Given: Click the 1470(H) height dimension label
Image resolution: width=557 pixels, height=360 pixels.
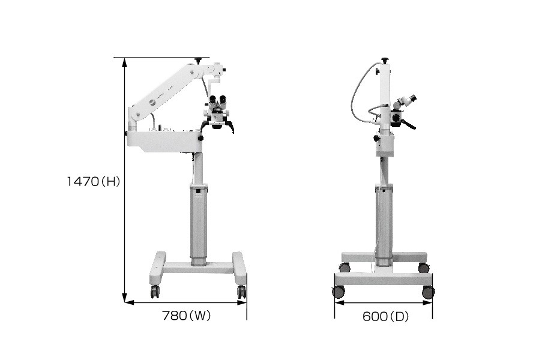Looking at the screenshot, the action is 94,182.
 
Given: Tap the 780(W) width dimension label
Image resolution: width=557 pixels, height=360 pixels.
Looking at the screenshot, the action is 186,315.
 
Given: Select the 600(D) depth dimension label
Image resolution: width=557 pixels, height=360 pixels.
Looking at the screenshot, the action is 385,316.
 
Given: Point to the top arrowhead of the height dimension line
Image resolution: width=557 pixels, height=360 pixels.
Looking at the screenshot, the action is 124,62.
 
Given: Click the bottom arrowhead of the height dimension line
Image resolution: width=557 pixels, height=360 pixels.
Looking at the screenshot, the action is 124,298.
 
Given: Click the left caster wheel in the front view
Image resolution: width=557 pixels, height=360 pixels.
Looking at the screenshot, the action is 154,292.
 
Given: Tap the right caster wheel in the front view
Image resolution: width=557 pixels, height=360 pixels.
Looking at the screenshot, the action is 241,292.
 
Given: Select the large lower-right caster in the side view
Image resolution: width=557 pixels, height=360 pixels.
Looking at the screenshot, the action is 428,292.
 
